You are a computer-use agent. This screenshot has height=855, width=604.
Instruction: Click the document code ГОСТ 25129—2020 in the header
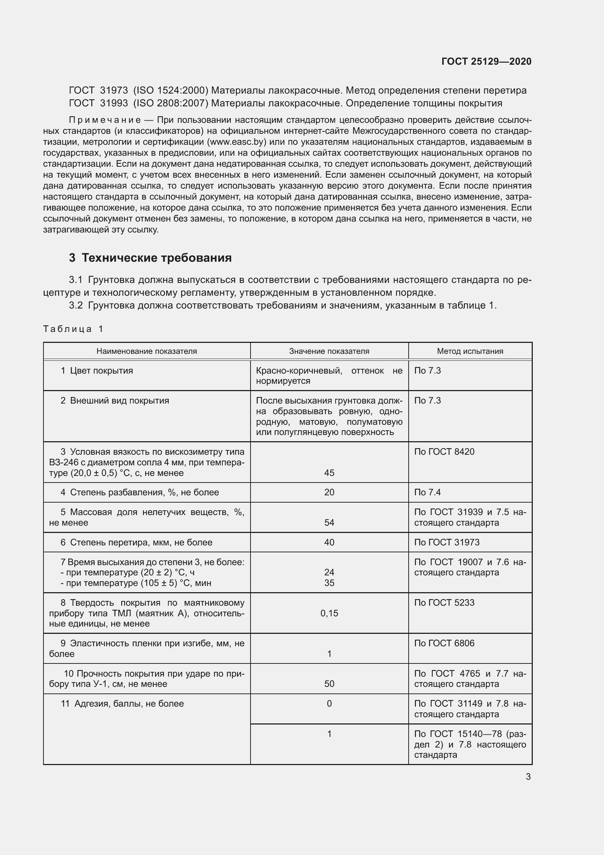[x=486, y=61]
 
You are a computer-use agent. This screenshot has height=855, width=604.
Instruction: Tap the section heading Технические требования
[x=156, y=258]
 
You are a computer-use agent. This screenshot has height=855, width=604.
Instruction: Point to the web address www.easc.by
[x=236, y=142]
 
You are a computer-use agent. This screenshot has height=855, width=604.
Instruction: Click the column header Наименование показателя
[x=146, y=351]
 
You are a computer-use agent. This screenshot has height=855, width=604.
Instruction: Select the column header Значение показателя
[x=329, y=351]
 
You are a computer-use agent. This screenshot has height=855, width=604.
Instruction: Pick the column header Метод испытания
[x=470, y=351]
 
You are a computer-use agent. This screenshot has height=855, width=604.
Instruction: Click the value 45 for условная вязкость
[x=329, y=473]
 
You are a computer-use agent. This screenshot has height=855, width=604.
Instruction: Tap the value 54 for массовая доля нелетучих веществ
[x=329, y=523]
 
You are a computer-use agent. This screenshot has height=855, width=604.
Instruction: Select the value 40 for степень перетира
[x=329, y=542]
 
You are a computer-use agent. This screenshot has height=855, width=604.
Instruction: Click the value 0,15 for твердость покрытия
[x=329, y=613]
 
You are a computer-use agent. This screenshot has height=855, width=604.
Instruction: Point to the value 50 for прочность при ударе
[x=329, y=684]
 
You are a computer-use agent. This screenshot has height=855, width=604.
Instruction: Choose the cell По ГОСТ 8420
[x=444, y=452]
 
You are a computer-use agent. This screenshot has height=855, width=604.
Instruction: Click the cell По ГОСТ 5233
[x=444, y=603]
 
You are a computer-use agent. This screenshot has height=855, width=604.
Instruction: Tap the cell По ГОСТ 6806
[x=444, y=643]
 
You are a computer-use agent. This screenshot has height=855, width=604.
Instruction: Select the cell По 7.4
[x=427, y=493]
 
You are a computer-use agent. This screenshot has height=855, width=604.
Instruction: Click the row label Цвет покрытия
[x=101, y=371]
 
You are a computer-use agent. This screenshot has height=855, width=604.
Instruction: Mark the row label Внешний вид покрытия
[x=119, y=401]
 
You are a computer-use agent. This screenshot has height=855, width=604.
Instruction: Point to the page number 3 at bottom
[x=528, y=777]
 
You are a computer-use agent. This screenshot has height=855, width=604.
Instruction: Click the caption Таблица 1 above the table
[x=73, y=329]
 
